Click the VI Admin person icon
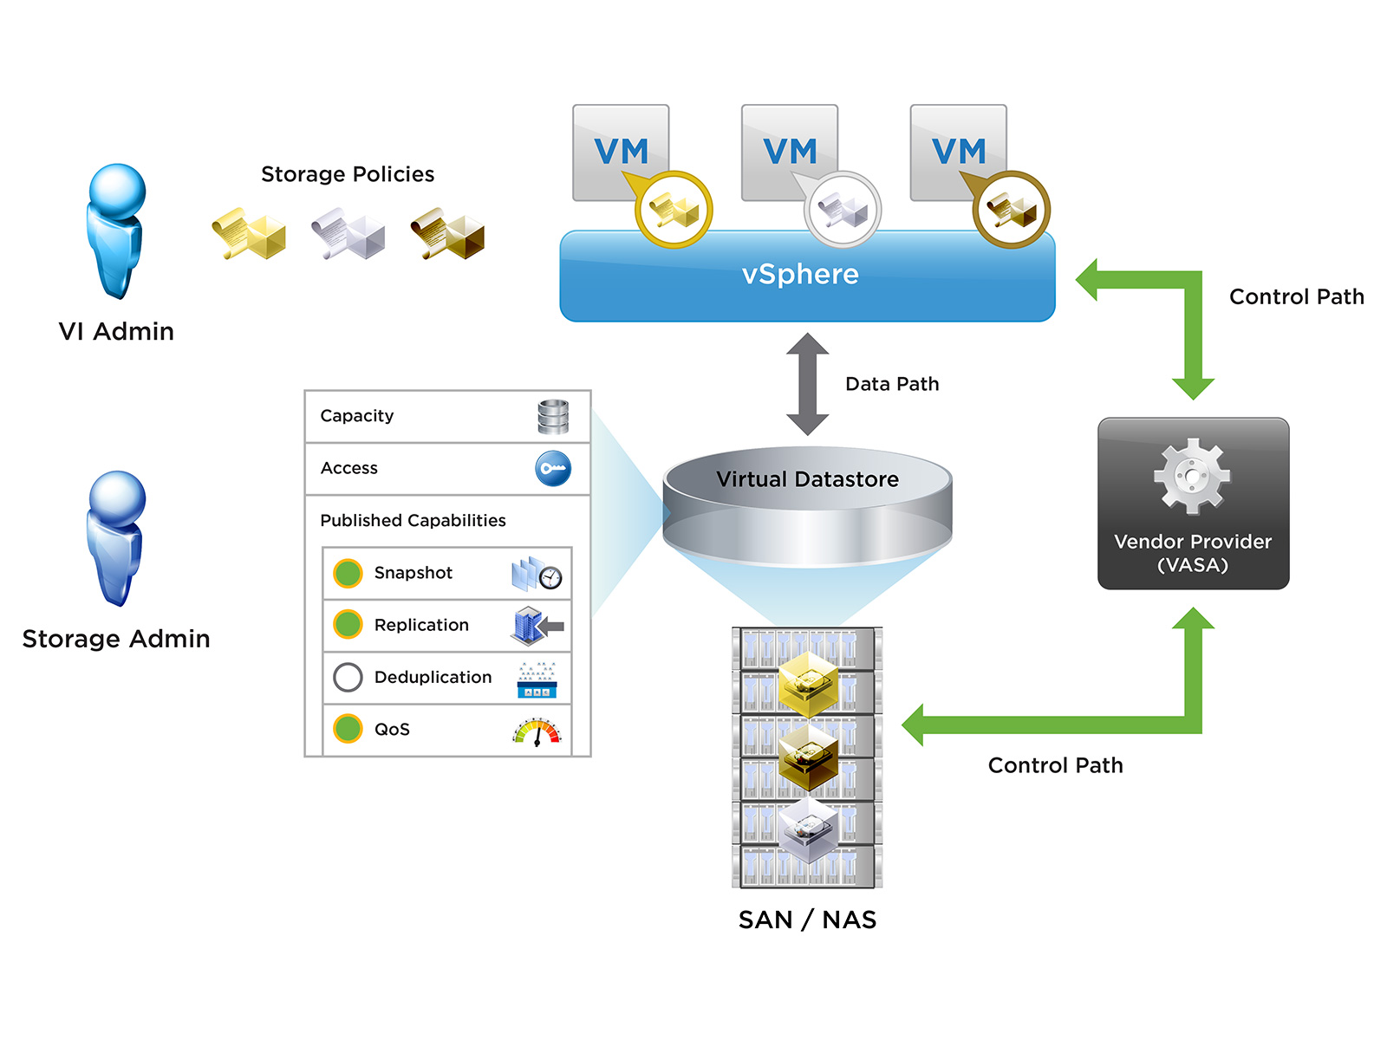click(115, 231)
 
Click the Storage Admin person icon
click(115, 538)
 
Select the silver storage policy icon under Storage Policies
click(348, 234)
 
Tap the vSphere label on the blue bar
click(800, 275)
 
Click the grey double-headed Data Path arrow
click(807, 384)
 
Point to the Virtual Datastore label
click(807, 479)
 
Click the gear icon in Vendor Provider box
click(1192, 477)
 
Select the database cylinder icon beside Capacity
click(553, 417)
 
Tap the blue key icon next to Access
click(553, 468)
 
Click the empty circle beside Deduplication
click(348, 677)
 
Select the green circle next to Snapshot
click(348, 573)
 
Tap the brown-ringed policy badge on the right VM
click(1011, 210)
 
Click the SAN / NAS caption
click(807, 920)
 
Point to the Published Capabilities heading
click(413, 521)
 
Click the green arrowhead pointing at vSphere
click(1089, 280)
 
